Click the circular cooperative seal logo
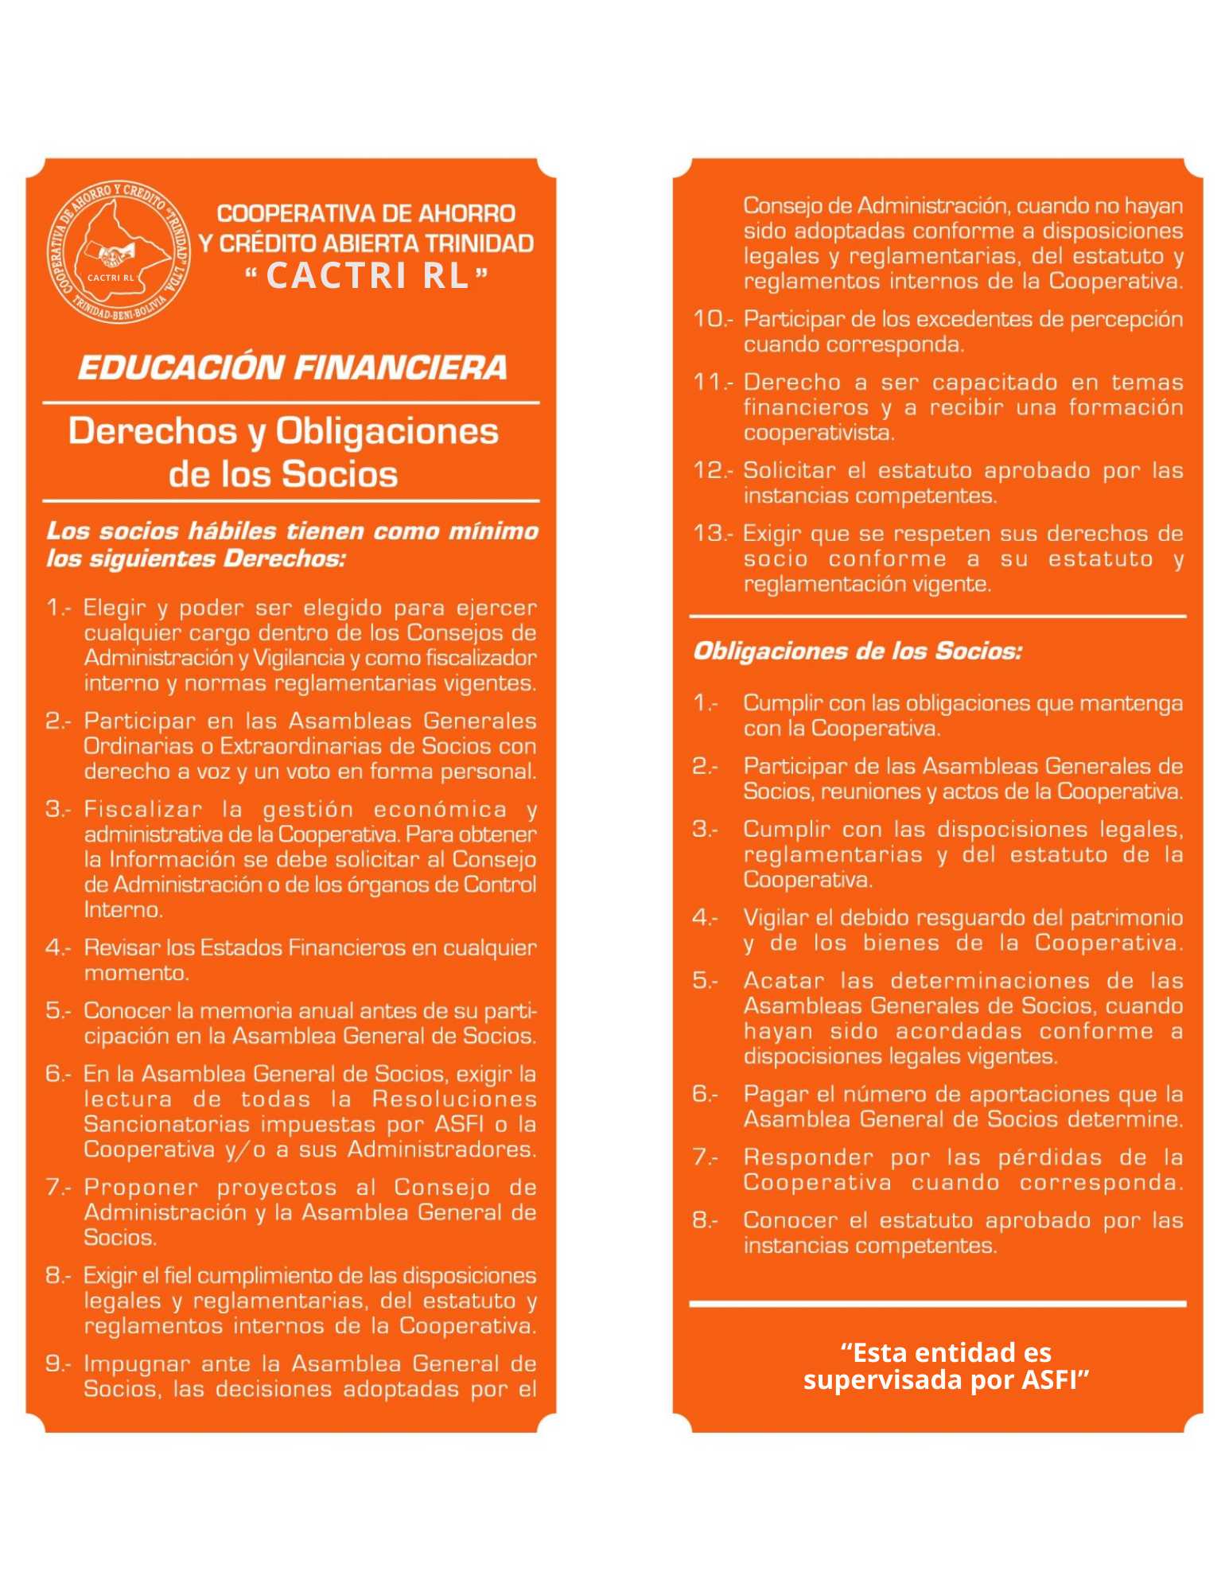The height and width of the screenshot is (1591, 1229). coord(119,251)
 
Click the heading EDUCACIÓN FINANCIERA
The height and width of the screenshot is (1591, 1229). coord(292,368)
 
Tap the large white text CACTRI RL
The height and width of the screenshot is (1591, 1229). coord(368,276)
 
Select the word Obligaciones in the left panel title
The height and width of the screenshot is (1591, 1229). coord(387,431)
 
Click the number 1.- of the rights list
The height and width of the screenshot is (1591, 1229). coord(58,608)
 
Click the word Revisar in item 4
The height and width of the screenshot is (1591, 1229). coord(122,947)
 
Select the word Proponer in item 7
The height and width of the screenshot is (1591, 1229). coord(141,1187)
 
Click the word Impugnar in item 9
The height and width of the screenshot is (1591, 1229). coord(136,1363)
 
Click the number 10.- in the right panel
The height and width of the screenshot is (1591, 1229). coord(712,319)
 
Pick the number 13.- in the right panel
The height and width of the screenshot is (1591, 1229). coord(712,533)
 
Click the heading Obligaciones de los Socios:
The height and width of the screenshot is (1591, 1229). coord(857,652)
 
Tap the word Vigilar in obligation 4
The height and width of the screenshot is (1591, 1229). coord(776,918)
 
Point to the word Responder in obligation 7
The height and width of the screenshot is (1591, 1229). coord(807,1157)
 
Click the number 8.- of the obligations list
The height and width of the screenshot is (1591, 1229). coord(705,1220)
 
